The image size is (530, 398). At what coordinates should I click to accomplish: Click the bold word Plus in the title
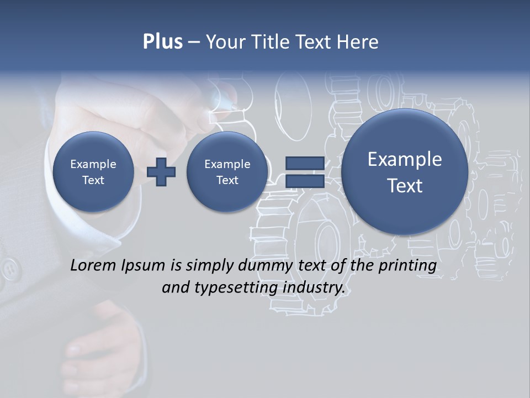click(162, 42)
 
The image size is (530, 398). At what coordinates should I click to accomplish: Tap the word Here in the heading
click(358, 42)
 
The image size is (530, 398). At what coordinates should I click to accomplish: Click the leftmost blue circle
click(93, 172)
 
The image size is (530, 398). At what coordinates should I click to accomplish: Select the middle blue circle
click(227, 172)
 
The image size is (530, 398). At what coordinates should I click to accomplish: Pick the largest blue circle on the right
click(405, 172)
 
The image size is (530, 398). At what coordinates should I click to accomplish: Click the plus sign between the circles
click(161, 172)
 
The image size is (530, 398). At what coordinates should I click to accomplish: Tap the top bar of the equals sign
click(305, 163)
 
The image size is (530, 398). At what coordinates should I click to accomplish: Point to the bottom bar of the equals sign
click(305, 181)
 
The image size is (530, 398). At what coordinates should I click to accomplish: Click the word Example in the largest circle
click(405, 159)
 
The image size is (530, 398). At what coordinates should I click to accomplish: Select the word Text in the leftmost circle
click(93, 180)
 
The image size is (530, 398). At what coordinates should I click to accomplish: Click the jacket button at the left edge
click(9, 269)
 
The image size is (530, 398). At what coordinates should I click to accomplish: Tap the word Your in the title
click(224, 42)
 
